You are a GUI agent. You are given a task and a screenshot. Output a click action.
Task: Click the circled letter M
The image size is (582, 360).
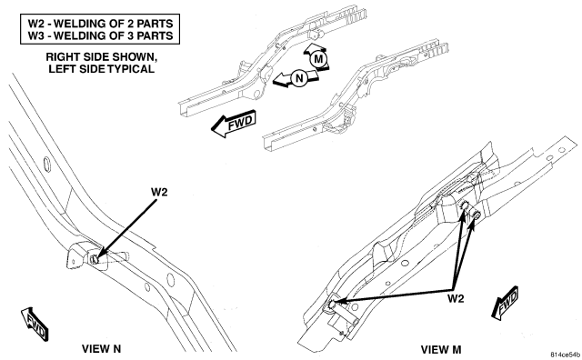[x=318, y=59]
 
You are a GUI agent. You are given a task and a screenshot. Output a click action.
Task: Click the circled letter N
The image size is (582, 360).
[x=299, y=78]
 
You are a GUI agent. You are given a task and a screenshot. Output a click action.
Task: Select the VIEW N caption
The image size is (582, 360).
[x=101, y=349]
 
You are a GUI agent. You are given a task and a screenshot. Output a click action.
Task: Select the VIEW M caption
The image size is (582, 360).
[x=441, y=350]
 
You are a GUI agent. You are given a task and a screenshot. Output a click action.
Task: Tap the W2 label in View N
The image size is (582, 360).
[x=159, y=192]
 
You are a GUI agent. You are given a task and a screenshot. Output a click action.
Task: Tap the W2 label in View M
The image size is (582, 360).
[x=456, y=298]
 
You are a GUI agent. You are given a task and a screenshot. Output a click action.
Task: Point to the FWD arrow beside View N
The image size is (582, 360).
[x=35, y=324]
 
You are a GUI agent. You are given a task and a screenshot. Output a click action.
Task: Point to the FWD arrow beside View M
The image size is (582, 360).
[x=506, y=303]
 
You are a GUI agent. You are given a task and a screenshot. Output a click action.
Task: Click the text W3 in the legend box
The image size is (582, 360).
[x=38, y=35]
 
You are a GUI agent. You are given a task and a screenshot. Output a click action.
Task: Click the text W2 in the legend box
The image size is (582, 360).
[x=38, y=24]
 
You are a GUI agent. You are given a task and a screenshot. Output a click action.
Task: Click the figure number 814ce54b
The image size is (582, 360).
[x=565, y=355]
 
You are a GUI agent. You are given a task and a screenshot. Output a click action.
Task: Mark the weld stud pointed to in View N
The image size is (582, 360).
[x=95, y=259]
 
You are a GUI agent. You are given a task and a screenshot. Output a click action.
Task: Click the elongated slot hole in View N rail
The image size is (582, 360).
[x=46, y=165]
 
